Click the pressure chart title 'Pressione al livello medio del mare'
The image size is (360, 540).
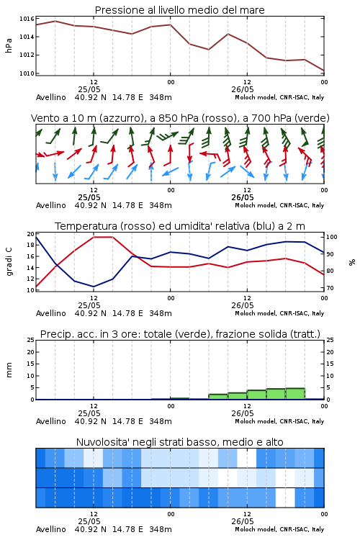[x=179, y=10]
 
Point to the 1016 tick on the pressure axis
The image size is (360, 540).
[x=27, y=19]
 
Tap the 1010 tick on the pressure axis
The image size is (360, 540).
[x=27, y=73]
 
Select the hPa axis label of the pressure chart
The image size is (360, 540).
[x=9, y=45]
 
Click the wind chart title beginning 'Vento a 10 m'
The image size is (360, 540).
[x=180, y=118]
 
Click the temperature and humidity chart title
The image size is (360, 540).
[x=180, y=226]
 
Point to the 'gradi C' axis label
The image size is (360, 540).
[x=9, y=261]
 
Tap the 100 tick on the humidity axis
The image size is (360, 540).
[x=331, y=237]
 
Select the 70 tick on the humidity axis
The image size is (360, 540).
[x=330, y=288]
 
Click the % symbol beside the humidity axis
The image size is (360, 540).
[x=352, y=262]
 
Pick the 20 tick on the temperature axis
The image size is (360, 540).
[x=31, y=234]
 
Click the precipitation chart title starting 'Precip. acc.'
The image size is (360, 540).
[x=180, y=334]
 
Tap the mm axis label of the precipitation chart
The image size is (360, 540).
[x=9, y=369]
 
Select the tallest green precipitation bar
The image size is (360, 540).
[x=295, y=394]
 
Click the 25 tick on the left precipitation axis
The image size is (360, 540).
[x=31, y=340]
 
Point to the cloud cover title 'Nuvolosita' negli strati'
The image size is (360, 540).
[x=179, y=442]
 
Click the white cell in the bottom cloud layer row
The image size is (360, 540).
[x=285, y=498]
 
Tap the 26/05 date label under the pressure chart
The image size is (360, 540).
[x=243, y=89]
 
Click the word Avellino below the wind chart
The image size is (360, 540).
[x=50, y=205]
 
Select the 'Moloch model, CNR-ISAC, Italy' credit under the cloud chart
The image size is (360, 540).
[x=279, y=529]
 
